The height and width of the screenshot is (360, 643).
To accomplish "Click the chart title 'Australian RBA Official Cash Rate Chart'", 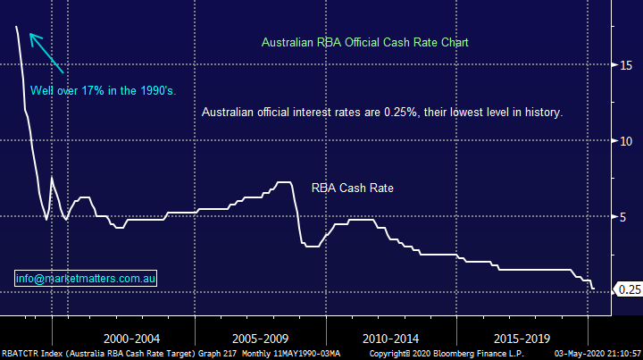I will coord(364,42).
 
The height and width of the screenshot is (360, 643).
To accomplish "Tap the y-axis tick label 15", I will coord(628,65).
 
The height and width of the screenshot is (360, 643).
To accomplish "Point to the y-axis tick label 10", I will coord(628,141).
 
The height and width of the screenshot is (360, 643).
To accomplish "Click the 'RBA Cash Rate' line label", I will coord(353,188).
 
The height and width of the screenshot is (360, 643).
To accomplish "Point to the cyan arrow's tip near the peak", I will coord(31,36).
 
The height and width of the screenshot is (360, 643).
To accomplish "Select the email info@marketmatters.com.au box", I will coord(86,280).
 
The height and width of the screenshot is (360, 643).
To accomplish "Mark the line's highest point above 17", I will coord(17,27).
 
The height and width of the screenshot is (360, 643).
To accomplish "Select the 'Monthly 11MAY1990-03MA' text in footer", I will coord(282,354).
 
